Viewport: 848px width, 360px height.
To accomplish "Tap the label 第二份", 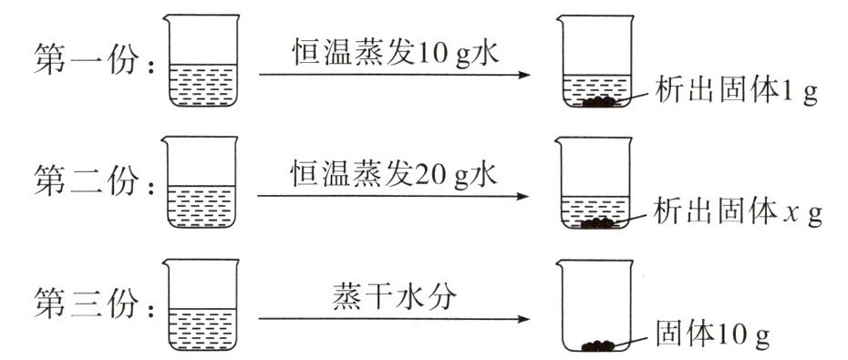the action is (x=87, y=180).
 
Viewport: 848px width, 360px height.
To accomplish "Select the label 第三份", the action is (x=87, y=303).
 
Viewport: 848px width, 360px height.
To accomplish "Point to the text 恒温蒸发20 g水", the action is (x=394, y=175).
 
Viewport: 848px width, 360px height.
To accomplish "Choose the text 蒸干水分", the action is (x=394, y=297).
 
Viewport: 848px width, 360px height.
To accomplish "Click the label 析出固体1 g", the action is (x=736, y=93).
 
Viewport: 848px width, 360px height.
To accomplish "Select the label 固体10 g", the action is (x=712, y=334).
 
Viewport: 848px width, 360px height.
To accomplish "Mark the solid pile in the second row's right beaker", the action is (x=598, y=222).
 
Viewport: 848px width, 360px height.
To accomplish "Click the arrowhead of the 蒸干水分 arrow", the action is (x=523, y=319).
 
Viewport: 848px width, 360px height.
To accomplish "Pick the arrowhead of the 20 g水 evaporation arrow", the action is (x=522, y=196).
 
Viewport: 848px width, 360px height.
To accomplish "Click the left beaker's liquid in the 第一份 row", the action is (x=202, y=86).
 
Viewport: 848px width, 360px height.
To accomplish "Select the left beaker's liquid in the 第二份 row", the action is (x=202, y=207).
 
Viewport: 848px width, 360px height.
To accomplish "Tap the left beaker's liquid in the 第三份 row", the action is (x=202, y=329).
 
